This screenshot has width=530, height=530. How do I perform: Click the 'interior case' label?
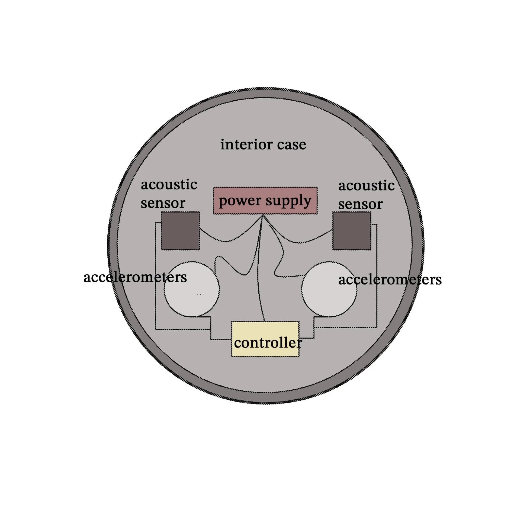pos(263,144)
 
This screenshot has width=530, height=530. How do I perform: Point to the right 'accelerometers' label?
pos(390,280)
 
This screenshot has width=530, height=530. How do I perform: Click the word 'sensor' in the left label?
pos(163,203)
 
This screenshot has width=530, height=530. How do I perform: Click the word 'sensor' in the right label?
pos(360,204)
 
